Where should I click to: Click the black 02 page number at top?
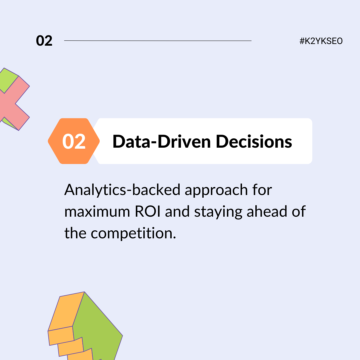(44, 41)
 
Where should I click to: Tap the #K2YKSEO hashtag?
(321, 41)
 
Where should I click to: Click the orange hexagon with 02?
(74, 141)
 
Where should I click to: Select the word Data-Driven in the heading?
(162, 142)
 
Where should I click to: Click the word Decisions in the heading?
(254, 142)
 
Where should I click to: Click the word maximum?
(97, 212)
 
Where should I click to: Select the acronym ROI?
(147, 211)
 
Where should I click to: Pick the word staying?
(218, 212)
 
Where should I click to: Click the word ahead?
(267, 211)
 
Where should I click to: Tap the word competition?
(133, 234)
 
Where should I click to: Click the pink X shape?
(15, 103)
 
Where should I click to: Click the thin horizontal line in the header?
(158, 41)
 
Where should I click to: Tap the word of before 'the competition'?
(299, 211)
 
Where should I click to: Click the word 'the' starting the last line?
(75, 233)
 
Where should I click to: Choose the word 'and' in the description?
(177, 211)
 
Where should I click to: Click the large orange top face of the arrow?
(66, 311)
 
